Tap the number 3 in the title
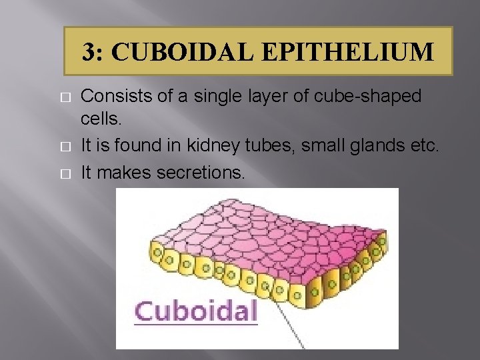pos(89,51)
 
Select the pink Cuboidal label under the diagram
pos(196,311)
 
